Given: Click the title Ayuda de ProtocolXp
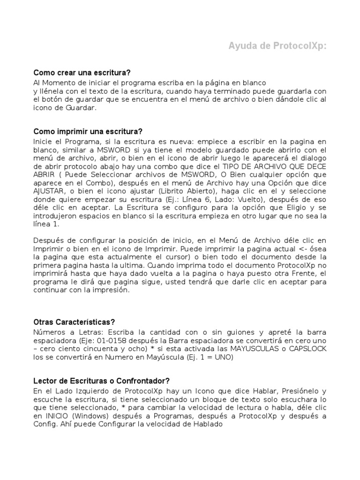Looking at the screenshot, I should [277, 46].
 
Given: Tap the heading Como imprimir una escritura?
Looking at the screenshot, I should [87, 131].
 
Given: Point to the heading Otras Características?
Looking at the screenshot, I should [74, 322].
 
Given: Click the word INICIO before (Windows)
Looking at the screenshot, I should [57, 416].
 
